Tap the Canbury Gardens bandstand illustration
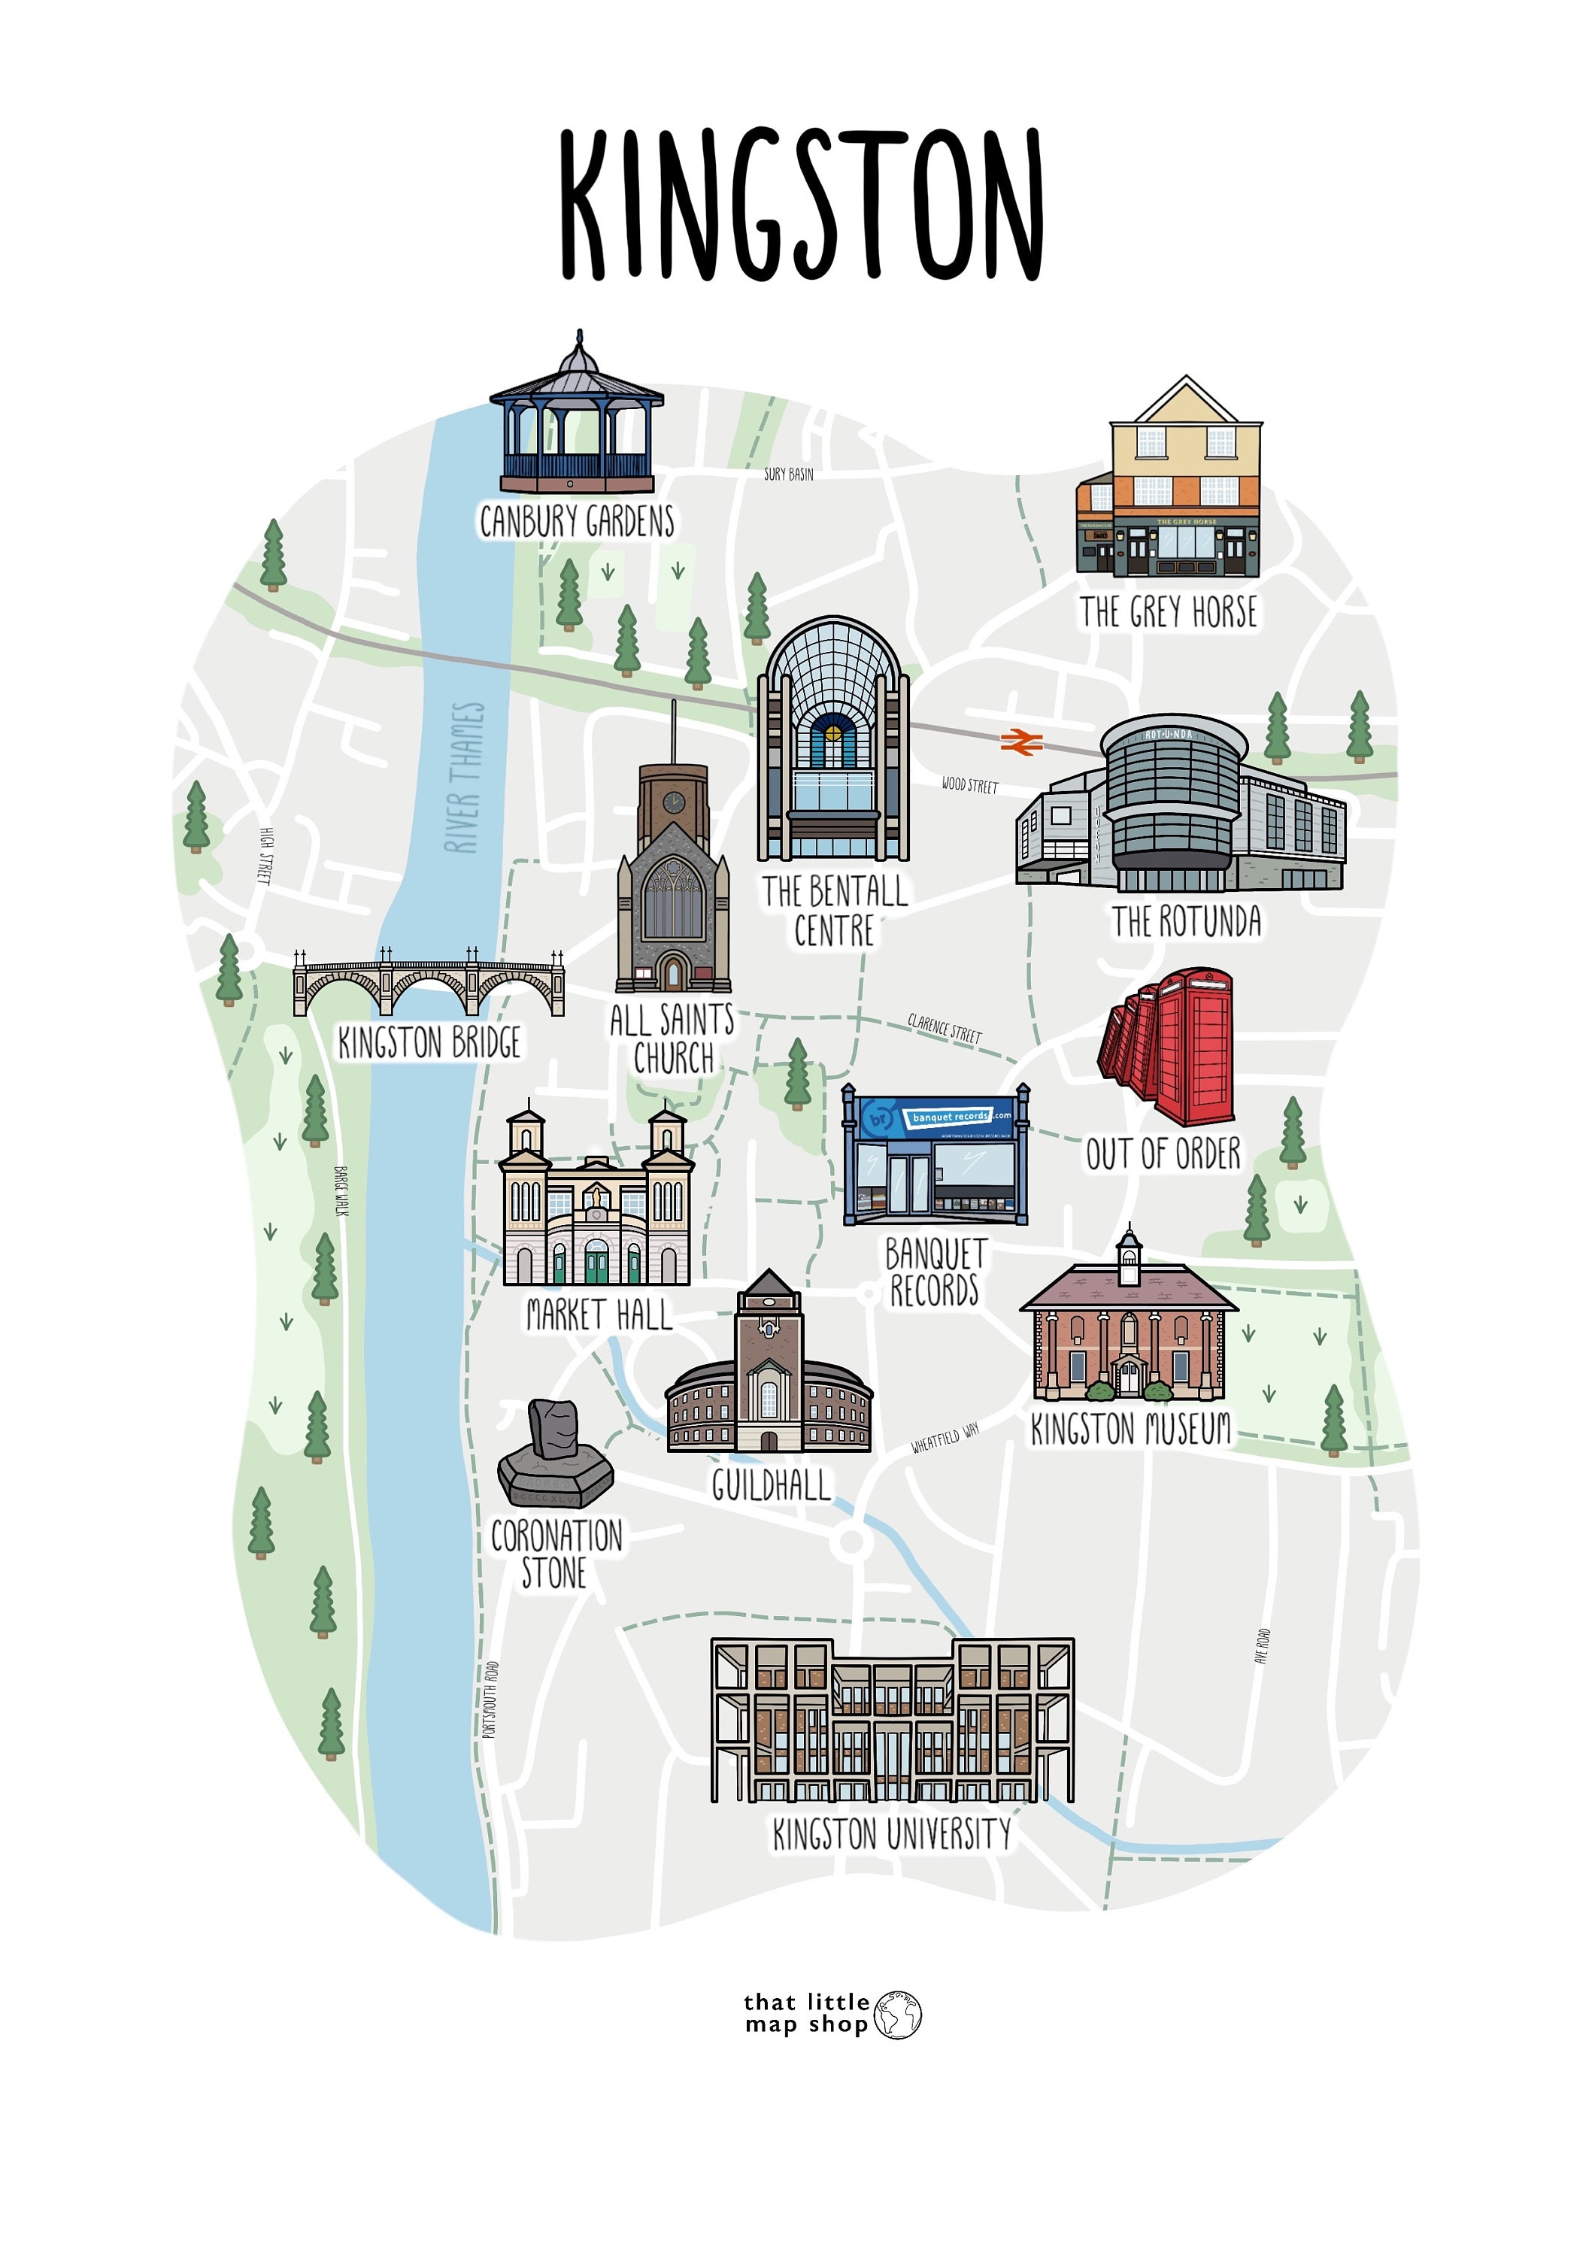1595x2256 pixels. click(x=577, y=423)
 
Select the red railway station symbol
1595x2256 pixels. click(x=1021, y=741)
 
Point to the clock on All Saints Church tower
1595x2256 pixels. click(x=673, y=802)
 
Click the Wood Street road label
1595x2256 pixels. click(x=969, y=785)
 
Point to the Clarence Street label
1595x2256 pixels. click(x=945, y=1028)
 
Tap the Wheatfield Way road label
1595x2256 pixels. click(x=945, y=1438)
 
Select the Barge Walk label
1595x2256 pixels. click(x=341, y=1191)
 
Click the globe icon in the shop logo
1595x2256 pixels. click(x=897, y=2015)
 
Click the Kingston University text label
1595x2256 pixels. click(x=891, y=1834)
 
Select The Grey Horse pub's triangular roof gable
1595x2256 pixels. click(x=1186, y=403)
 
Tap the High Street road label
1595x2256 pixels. click(x=263, y=855)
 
